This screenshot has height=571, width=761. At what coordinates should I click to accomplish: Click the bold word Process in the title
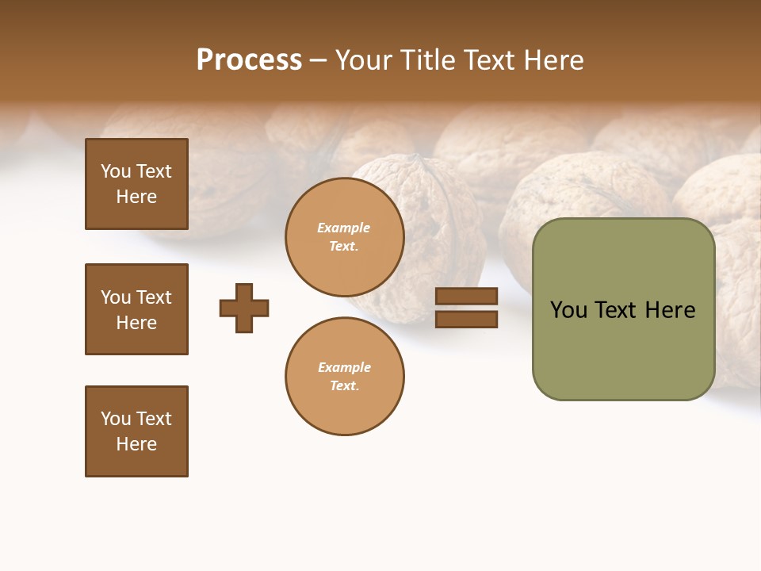249,60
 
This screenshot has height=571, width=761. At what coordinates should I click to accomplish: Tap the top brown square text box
136,184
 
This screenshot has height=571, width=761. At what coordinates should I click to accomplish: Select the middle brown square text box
136,309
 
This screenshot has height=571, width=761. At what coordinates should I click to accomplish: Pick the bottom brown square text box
136,431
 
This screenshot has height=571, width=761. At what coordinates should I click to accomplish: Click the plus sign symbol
244,308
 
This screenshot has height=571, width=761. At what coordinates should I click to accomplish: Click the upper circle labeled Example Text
345,237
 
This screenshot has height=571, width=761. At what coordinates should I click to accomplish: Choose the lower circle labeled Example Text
345,376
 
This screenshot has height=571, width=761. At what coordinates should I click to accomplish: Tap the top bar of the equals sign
466,296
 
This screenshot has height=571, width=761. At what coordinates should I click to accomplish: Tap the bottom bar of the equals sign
466,319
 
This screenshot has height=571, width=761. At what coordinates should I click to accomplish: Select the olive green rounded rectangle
623,349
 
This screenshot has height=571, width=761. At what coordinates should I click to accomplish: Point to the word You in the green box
568,310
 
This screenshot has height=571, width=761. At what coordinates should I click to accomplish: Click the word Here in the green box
670,310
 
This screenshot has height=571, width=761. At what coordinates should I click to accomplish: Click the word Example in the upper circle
344,228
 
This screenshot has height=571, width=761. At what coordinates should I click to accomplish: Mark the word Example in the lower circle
344,367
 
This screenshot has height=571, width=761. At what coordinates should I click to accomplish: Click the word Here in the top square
136,197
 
